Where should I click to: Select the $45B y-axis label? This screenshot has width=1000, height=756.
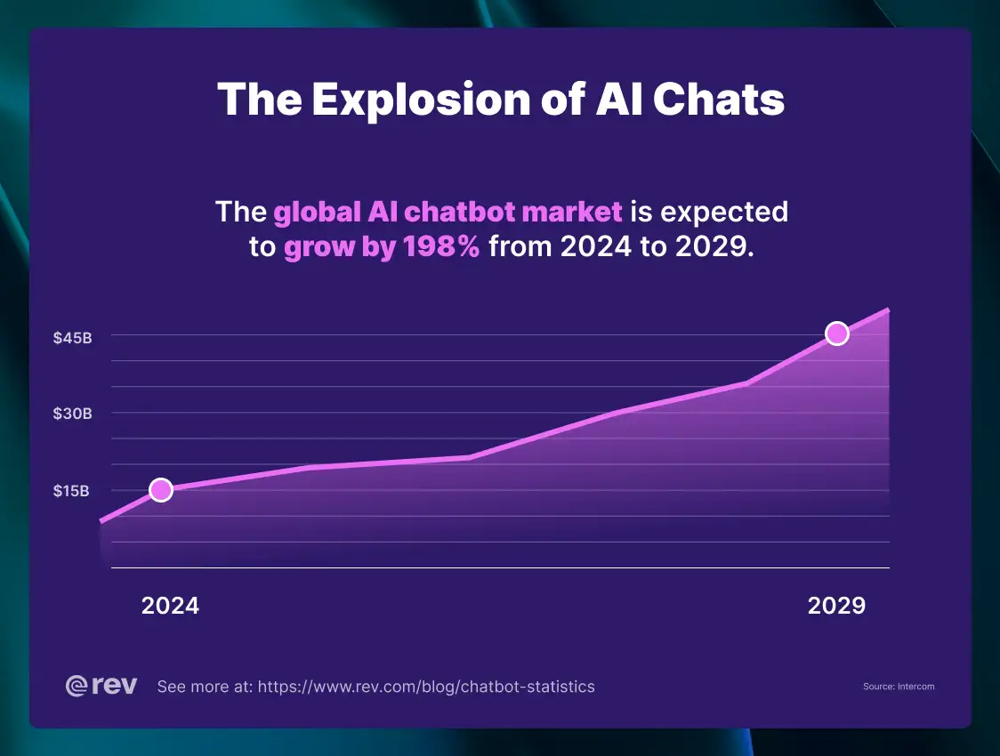(x=72, y=338)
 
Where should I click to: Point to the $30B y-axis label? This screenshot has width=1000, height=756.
(x=72, y=414)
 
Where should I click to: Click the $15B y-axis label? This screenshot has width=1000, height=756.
(x=71, y=490)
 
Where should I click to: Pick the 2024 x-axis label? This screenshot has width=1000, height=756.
(x=171, y=606)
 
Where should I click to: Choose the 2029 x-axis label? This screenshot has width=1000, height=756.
(x=836, y=606)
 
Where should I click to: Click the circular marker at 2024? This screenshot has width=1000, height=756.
(x=160, y=489)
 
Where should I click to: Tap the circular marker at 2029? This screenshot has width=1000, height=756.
(x=836, y=334)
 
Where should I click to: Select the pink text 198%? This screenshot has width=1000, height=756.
(x=442, y=247)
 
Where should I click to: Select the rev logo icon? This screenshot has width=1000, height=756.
(x=77, y=686)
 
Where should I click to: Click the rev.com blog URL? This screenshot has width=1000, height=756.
(x=426, y=687)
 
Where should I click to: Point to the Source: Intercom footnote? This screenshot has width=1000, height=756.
(x=899, y=687)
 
